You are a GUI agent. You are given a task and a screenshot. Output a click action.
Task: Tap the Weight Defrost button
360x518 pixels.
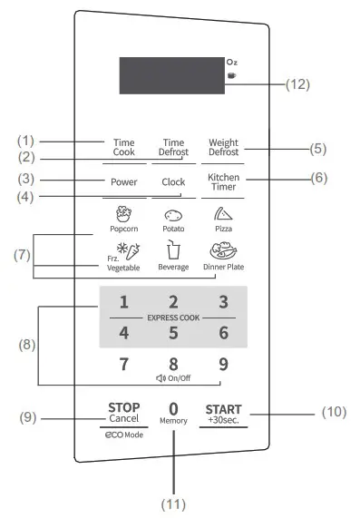click(x=223, y=147)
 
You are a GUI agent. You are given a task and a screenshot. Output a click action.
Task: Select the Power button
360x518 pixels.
click(x=124, y=181)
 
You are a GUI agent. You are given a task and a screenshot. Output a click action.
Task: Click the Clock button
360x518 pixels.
click(x=173, y=181)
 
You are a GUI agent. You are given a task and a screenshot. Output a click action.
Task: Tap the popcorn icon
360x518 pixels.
click(x=124, y=215)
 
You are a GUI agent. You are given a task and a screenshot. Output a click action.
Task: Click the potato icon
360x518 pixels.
click(x=173, y=216)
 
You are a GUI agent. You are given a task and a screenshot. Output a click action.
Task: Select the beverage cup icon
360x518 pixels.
click(x=173, y=249)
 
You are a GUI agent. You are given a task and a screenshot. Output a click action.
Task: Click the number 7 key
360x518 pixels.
click(x=124, y=365)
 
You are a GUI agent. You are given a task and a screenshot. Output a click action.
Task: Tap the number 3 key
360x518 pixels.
click(x=222, y=302)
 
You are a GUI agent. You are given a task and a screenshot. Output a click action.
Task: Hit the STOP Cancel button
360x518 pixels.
click(x=123, y=413)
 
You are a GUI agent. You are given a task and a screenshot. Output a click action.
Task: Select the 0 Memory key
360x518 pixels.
click(x=173, y=413)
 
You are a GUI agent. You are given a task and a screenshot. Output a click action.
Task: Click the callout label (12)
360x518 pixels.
click(x=297, y=83)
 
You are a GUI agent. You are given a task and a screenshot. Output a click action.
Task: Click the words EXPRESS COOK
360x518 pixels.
click(x=173, y=318)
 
